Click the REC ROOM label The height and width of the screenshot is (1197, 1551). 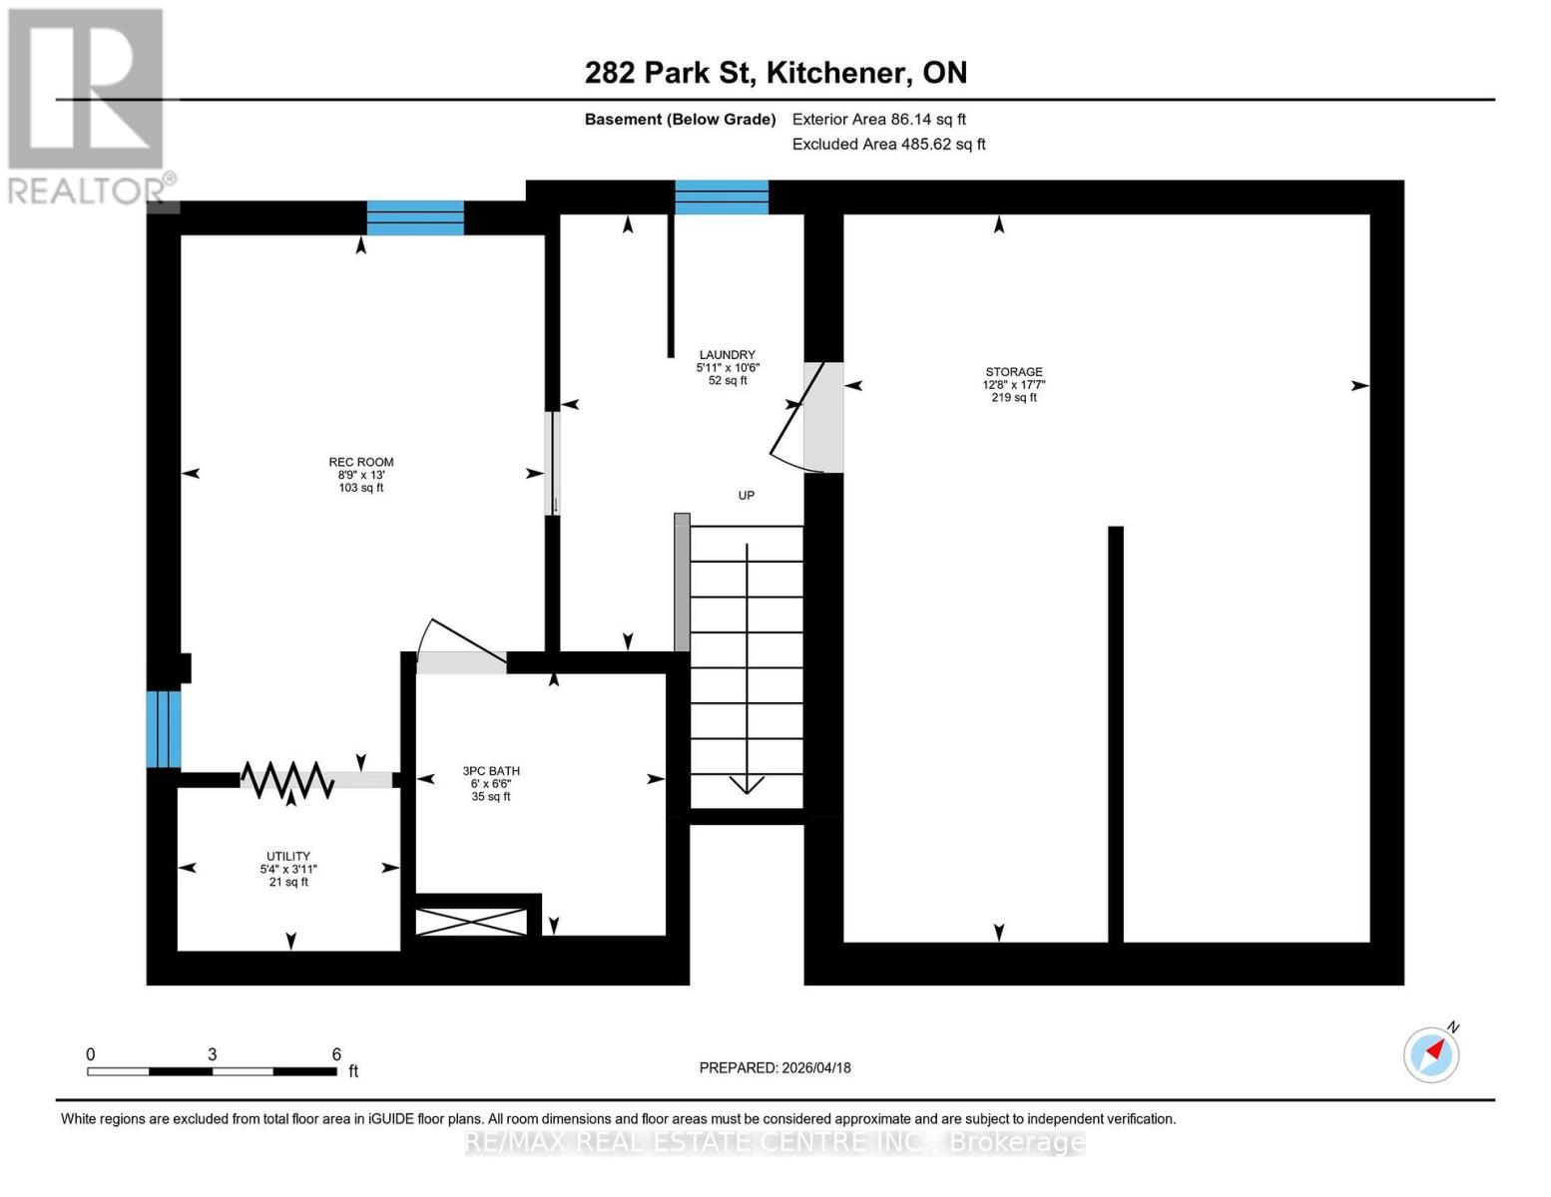click(x=360, y=462)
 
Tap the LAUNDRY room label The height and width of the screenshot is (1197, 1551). click(x=727, y=355)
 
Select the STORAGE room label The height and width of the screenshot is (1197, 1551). click(x=1013, y=372)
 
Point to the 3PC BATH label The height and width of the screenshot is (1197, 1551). click(x=491, y=771)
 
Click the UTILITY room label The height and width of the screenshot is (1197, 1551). click(x=287, y=856)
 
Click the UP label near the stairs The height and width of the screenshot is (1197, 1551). click(x=746, y=496)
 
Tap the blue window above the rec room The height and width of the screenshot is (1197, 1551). click(x=415, y=217)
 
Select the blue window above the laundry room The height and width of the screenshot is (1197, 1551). click(x=722, y=198)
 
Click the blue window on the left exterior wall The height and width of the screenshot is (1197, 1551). click(x=164, y=729)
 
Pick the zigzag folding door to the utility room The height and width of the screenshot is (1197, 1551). click(x=287, y=780)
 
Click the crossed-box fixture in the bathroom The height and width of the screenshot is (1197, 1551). click(x=470, y=922)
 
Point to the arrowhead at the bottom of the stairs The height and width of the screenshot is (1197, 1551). click(x=747, y=784)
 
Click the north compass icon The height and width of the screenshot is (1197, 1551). click(x=1432, y=1053)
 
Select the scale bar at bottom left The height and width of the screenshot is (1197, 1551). click(x=212, y=1071)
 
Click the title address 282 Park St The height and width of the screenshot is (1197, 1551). click(x=775, y=73)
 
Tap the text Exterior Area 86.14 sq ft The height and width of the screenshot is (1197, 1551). click(x=878, y=120)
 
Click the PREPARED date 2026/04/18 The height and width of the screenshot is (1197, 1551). click(x=775, y=1067)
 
